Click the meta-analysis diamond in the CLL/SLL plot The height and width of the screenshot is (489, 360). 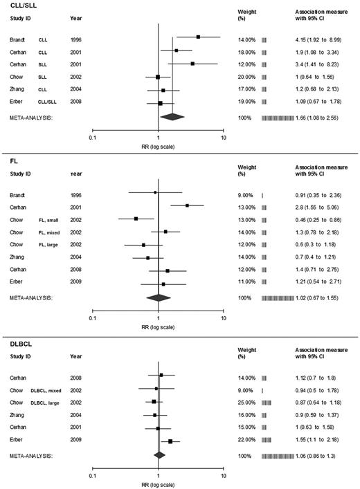click(171, 118)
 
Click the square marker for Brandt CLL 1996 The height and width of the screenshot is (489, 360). click(198, 37)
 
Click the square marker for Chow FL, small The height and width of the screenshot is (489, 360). click(136, 219)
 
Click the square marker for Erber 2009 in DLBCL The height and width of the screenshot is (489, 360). click(170, 441)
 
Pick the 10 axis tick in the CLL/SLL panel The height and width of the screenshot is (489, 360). click(223, 138)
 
